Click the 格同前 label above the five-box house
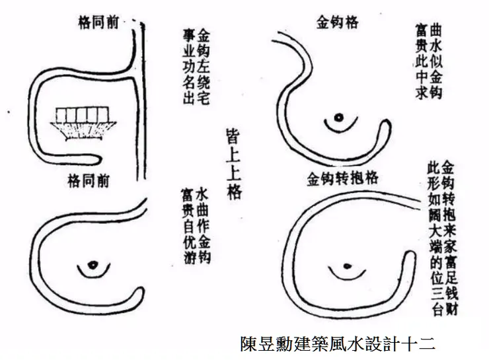(98, 22)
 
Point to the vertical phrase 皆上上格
(233, 166)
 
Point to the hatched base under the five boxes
(81, 131)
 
